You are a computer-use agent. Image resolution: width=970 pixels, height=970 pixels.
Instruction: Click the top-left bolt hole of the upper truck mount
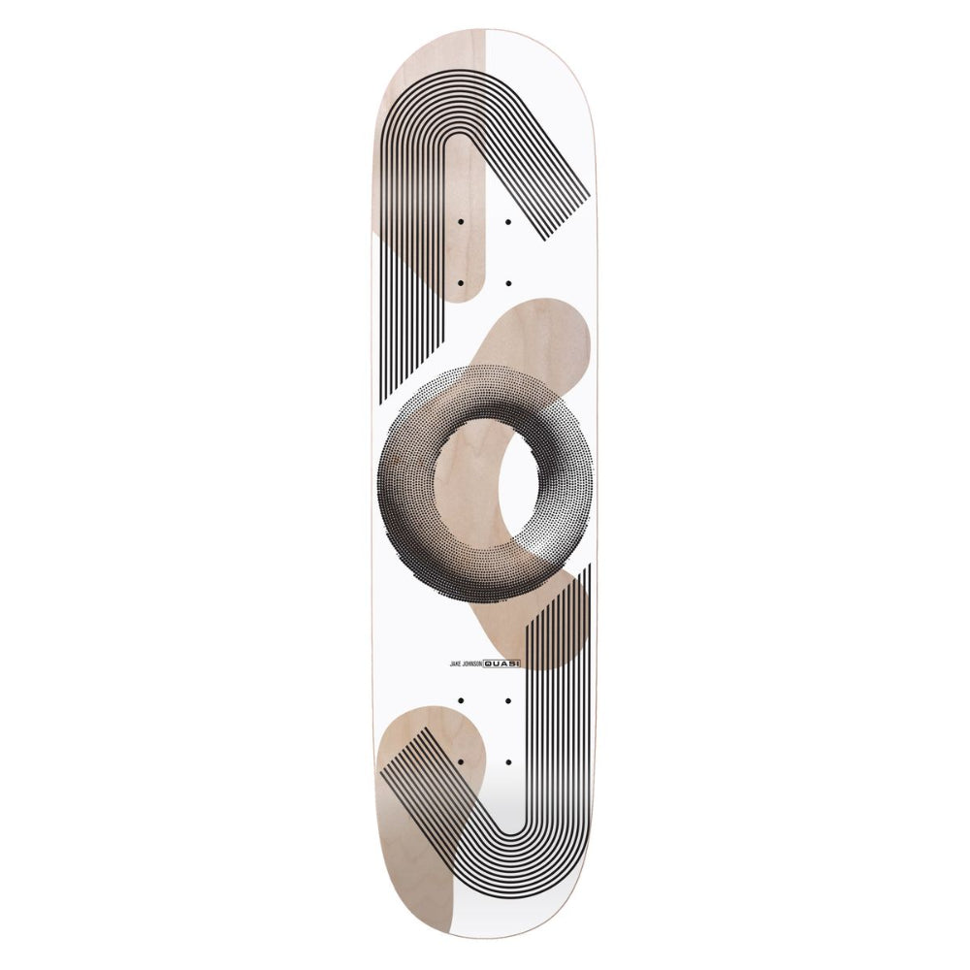(x=460, y=221)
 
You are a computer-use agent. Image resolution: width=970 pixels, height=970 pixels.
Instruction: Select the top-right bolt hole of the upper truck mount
(x=508, y=221)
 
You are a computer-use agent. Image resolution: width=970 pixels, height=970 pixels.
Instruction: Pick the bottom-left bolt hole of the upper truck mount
(x=460, y=283)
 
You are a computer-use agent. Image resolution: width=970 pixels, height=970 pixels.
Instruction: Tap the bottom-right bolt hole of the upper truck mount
(x=508, y=283)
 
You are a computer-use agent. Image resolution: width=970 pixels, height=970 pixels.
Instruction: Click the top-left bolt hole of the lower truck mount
(x=460, y=701)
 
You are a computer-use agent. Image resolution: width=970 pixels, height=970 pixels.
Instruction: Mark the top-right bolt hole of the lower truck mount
(x=508, y=701)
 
